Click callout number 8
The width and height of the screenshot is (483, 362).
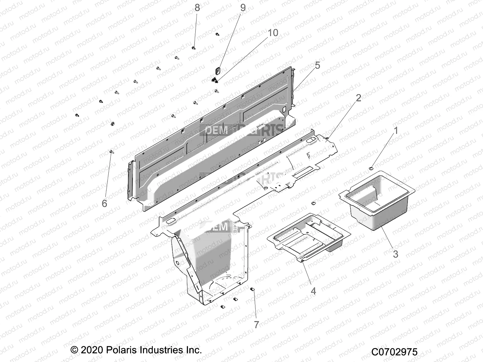point(197,8)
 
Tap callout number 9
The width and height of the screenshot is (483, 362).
point(243,8)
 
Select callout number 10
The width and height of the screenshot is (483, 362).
point(273,33)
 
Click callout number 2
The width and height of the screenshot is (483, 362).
point(358,98)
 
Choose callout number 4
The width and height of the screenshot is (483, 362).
point(313,291)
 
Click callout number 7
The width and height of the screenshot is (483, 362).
point(256,325)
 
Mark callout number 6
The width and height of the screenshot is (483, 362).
point(104,203)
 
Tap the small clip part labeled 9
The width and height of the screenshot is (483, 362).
point(218,71)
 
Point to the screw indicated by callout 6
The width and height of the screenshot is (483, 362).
point(111,152)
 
